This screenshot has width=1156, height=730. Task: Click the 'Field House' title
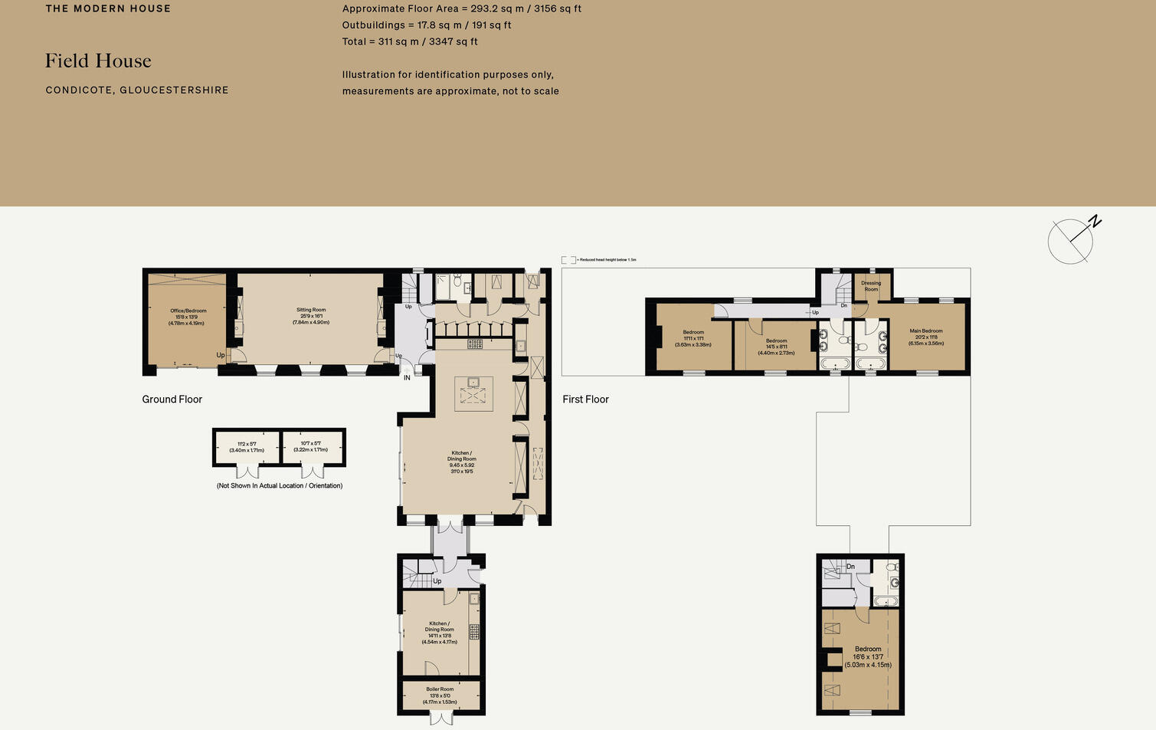pos(98,61)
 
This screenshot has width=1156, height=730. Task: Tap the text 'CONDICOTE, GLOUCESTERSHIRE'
pos(137,90)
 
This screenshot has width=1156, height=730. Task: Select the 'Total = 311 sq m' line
pos(410,41)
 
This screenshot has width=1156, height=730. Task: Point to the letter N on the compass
pos(1095,222)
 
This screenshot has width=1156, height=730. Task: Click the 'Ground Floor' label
pos(172,400)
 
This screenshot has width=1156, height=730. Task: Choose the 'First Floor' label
pos(585,400)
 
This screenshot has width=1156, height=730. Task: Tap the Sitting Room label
pos(311,316)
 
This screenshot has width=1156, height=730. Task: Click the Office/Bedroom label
pos(188,317)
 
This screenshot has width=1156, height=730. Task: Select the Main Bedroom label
pos(926,337)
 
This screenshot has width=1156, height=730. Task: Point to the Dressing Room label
pos(871,286)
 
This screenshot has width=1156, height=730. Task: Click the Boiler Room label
pos(440,695)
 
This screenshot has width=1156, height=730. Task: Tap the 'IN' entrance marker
pos(407,377)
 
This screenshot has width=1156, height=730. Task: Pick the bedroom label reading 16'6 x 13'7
pos(868,657)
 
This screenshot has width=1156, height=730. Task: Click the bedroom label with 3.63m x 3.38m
pos(693,338)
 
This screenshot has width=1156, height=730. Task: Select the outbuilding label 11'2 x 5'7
pos(247,447)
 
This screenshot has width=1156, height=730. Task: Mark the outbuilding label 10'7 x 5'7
pos(310,447)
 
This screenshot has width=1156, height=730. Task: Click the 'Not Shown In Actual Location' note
pos(280,486)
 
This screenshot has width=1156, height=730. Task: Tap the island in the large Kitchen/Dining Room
pos(473,393)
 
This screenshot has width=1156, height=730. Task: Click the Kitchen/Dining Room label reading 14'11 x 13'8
pos(439,633)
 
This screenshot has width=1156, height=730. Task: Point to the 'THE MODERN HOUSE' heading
pos(108,9)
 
